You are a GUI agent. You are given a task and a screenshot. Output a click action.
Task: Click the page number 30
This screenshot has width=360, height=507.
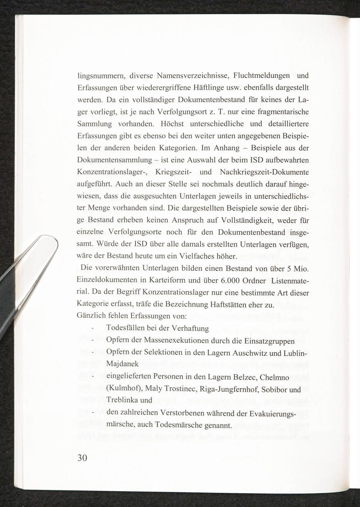point(82,458)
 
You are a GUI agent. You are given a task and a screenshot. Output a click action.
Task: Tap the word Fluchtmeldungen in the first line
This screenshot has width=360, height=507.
point(262,76)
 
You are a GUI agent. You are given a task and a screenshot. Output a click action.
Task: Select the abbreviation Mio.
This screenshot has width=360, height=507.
point(301,268)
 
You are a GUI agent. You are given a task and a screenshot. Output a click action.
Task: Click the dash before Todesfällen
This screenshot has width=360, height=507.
point(93,329)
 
